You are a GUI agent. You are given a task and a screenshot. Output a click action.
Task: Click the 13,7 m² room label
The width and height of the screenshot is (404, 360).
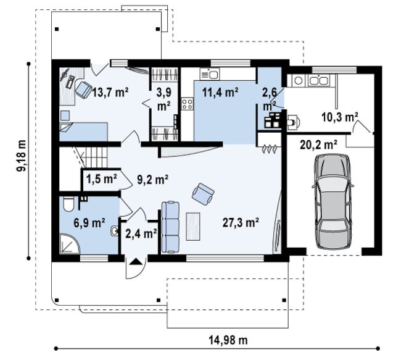click(110, 92)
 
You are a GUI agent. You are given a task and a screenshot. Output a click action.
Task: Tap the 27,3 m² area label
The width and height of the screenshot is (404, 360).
click(241, 222)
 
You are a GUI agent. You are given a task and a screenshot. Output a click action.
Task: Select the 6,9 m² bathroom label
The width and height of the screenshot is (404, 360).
click(89, 223)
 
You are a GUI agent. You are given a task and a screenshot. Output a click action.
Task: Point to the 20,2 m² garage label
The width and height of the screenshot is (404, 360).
click(319, 144)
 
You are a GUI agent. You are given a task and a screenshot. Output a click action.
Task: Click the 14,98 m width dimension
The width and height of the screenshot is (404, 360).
click(228, 340)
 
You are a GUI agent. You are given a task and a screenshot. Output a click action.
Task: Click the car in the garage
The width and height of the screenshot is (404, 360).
click(333, 201)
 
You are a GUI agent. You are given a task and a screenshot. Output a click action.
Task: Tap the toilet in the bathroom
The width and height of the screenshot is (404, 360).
click(68, 204)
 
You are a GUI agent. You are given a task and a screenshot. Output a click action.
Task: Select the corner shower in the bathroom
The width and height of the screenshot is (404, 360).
click(69, 244)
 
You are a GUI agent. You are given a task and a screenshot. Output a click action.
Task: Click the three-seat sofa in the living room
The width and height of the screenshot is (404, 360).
click(170, 227)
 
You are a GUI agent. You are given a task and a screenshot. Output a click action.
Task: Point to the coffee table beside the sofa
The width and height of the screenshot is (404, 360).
click(193, 227)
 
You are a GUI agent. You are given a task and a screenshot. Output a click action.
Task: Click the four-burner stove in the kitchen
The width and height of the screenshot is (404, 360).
click(188, 104)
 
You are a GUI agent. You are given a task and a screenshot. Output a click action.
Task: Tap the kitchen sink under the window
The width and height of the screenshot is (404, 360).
click(210, 74)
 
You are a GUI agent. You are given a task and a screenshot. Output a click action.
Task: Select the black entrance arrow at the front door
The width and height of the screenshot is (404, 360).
click(136, 262)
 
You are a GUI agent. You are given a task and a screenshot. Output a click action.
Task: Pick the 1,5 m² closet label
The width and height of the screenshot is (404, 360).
click(101, 178)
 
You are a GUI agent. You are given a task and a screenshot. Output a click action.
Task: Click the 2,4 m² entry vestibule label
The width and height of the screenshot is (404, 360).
click(141, 233)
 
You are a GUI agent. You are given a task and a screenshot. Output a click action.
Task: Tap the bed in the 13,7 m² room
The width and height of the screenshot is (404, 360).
click(83, 132)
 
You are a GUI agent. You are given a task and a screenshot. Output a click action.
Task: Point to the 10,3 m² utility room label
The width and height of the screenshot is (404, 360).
click(340, 117)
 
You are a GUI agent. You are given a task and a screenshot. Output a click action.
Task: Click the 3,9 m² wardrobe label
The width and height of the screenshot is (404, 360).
click(164, 99)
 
